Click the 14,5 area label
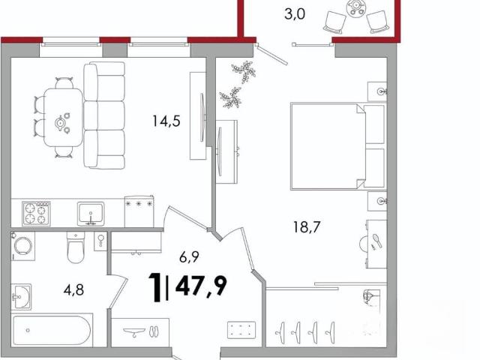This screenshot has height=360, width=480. pos(166,121)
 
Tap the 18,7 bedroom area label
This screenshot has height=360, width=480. pos(307,227)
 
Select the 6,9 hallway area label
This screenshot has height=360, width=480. pos(189,256)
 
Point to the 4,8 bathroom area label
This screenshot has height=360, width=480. pos(73,289)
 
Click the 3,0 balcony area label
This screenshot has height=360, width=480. pos(295,14)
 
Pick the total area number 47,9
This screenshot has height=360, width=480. pos(201,286)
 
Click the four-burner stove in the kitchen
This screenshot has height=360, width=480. pos(36,213)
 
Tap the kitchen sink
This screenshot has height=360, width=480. pos(91,214)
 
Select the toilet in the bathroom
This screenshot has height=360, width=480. pos(75,247)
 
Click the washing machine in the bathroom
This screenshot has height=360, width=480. pos(23,246)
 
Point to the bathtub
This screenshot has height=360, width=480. pos(52,330)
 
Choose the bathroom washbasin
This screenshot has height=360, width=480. pos(21,297)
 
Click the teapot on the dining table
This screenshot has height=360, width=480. pos(60,123)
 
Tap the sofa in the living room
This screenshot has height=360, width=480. pos(104,115)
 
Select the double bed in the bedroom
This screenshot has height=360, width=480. pos(338,146)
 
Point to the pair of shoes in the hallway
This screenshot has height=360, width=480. pos(154,331)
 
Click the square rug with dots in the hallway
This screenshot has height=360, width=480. pos(241,330)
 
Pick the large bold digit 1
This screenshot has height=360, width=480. pos(155,287)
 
